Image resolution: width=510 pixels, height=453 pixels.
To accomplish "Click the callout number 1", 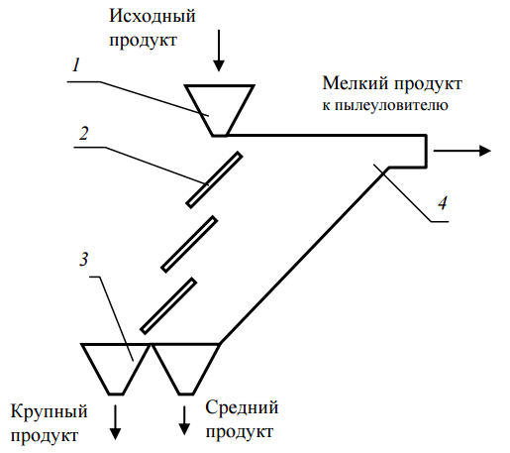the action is point(76,65).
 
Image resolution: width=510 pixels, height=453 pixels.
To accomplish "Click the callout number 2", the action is point(84,134).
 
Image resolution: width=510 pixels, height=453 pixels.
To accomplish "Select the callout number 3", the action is point(84,259).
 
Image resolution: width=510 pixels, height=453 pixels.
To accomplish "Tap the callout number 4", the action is point(443,203).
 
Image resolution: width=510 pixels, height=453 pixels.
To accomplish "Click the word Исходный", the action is point(153,16).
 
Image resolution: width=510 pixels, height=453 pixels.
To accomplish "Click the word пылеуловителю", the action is point(391,106).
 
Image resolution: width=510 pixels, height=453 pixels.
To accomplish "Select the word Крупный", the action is point(50,411).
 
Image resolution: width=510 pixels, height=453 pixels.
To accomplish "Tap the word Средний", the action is point(242,407).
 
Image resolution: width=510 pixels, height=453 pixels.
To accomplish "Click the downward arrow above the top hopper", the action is point(219,51).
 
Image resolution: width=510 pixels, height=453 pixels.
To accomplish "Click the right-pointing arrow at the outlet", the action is point(462,151).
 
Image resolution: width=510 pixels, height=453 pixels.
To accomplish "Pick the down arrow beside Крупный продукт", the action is point(115,422).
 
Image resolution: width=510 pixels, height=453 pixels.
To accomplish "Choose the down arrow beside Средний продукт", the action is point(184,420).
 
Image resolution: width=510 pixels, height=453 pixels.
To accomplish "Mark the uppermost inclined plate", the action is point(214,180).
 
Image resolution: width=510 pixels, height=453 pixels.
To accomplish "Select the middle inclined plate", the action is point(189,244).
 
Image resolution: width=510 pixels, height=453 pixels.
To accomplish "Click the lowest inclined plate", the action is point(168,306).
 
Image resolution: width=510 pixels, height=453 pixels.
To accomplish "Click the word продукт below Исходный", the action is point(144,41).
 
